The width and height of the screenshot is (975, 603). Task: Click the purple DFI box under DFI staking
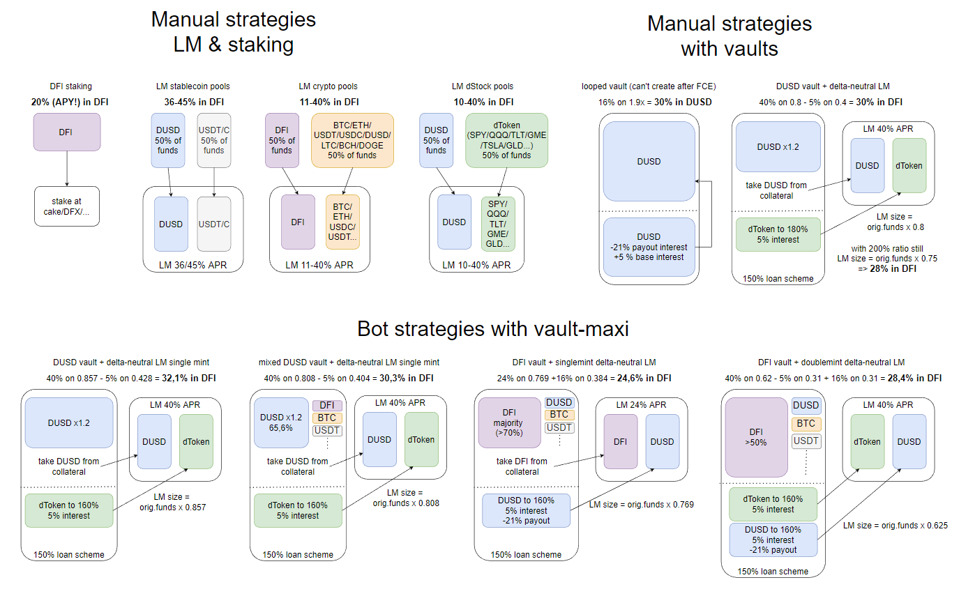pos(67,132)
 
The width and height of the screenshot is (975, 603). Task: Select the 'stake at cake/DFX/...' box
pos(67,206)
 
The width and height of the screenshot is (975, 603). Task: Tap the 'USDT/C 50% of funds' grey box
pos(214,141)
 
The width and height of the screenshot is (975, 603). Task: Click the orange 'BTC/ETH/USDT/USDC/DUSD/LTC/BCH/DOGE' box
pos(352,140)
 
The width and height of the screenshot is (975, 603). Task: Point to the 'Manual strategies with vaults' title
pos(729,36)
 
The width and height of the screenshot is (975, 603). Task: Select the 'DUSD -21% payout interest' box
pos(649,247)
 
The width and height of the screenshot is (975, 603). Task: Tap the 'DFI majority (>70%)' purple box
pos(509,422)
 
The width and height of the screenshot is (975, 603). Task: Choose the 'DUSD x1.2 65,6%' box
pos(281,422)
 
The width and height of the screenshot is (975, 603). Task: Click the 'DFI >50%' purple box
pos(756,436)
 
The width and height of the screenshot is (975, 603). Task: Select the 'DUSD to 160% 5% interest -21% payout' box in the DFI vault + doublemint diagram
pos(773,540)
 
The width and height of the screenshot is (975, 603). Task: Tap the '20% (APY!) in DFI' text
pos(70,102)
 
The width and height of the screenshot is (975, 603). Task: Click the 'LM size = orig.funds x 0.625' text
pos(895,526)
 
